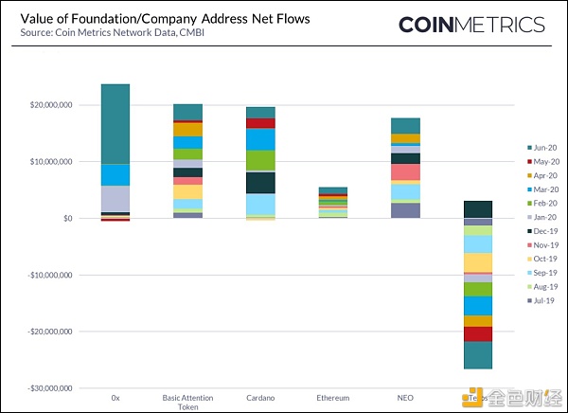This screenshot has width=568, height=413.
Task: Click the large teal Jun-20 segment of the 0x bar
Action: [115, 124]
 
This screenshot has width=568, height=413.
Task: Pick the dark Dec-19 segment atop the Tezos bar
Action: [477, 209]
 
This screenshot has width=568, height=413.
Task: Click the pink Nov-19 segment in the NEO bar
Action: [405, 172]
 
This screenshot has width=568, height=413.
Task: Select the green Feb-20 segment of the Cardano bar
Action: [260, 160]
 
